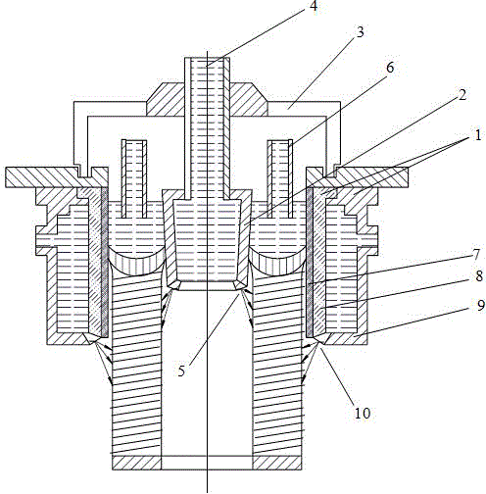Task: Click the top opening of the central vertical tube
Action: pos(207,60)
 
